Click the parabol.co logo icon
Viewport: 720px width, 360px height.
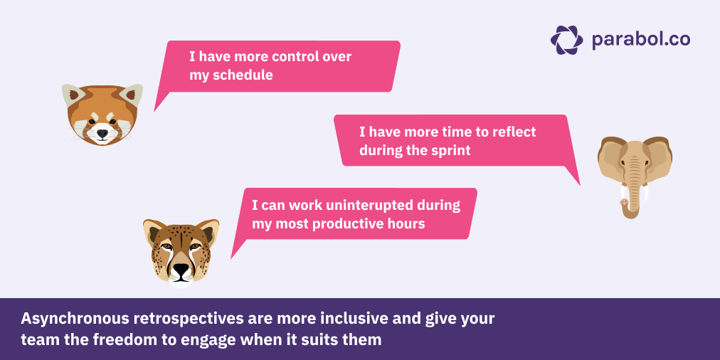566,40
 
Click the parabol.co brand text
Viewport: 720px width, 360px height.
640,40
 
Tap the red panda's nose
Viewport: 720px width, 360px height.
102,132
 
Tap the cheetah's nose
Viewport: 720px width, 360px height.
182,269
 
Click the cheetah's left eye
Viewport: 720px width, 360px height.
166,247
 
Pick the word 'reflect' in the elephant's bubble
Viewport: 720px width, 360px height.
512,132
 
